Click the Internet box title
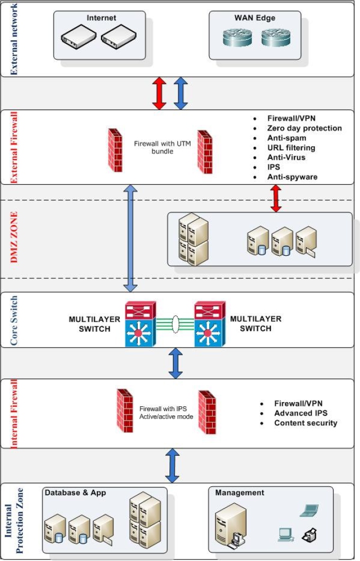(x=101, y=17)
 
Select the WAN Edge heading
(x=255, y=17)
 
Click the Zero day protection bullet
(x=304, y=128)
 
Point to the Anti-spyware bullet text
(x=292, y=176)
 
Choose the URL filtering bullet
(x=291, y=148)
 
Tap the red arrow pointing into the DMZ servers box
(x=276, y=199)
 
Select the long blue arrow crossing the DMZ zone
(x=130, y=238)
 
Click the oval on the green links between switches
(x=174, y=325)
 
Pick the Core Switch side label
(x=14, y=320)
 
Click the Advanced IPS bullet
(x=300, y=413)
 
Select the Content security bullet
(x=305, y=423)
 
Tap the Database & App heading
(x=76, y=493)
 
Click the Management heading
(x=239, y=493)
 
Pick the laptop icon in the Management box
(x=309, y=511)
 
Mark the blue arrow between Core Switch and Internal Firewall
(x=174, y=363)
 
